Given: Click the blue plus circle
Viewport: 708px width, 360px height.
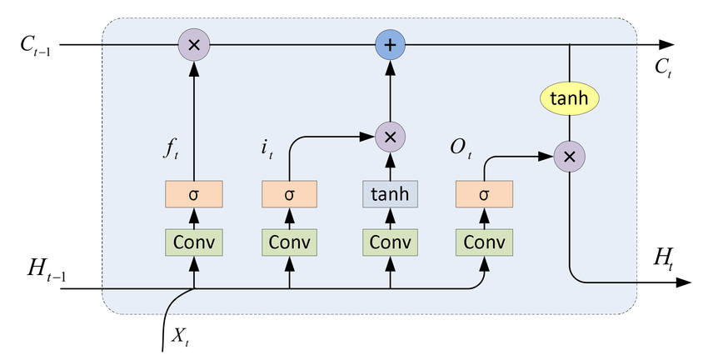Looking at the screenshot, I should click(x=389, y=44).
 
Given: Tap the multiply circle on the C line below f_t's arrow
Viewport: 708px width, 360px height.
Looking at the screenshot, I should click(x=194, y=44).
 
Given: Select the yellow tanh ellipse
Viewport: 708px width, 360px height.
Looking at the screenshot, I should click(x=570, y=99).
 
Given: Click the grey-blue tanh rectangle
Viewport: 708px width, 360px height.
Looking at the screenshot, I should click(x=389, y=196).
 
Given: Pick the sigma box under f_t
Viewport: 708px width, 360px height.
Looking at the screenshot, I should click(x=194, y=196).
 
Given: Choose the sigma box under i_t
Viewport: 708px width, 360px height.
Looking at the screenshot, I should click(x=290, y=196).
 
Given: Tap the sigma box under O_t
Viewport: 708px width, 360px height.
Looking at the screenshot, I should click(x=484, y=196).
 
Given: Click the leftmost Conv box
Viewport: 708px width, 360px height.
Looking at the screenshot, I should click(x=194, y=242).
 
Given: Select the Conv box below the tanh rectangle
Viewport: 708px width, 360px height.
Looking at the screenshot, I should click(x=389, y=242).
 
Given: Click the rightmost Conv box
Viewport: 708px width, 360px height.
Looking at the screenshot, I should click(x=484, y=242).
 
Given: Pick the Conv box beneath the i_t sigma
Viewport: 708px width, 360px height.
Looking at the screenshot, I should click(x=290, y=242).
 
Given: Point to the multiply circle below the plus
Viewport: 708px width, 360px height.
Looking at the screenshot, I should click(x=389, y=135).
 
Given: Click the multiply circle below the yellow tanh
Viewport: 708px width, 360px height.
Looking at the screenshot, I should click(x=570, y=155).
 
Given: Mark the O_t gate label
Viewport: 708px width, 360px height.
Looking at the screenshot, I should click(x=461, y=151).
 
